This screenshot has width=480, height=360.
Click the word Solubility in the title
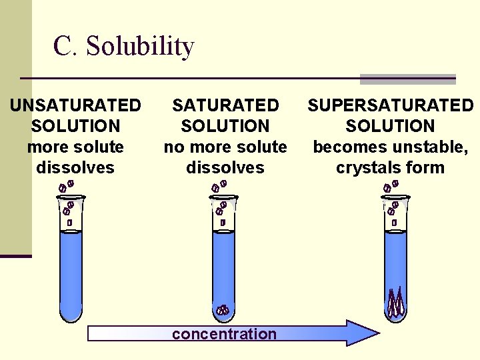tap(140, 47)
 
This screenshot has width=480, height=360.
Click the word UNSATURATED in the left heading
tap(75, 105)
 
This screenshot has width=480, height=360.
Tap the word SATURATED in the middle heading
tap(225, 105)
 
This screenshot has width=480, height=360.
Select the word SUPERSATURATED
tap(390, 105)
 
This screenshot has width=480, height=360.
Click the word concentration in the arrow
tap(224, 334)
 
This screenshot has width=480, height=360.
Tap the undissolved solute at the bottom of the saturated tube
tap(223, 309)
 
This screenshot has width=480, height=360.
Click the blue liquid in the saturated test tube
tap(223, 267)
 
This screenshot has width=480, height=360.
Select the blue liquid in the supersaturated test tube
tap(396, 260)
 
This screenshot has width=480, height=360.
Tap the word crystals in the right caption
tap(367, 167)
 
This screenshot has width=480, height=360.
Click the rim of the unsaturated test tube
tap(71, 197)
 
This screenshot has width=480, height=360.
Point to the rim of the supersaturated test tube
tap(396, 197)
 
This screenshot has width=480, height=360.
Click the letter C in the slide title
tap(63, 47)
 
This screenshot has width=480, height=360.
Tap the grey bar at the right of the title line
tap(407, 79)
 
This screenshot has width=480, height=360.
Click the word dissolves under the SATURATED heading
tap(225, 167)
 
